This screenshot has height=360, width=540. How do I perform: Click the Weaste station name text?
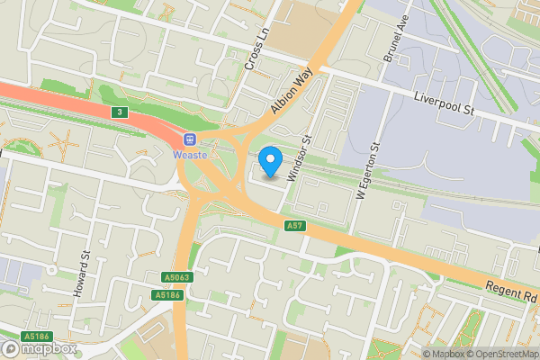pyautogui.click(x=190, y=155)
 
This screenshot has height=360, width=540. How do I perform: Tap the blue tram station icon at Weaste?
pyautogui.click(x=190, y=139)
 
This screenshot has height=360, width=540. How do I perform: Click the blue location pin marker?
pyautogui.click(x=271, y=162)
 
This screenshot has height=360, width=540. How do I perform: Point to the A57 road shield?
pyautogui.click(x=294, y=225)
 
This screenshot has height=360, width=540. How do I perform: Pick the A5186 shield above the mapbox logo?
pyautogui.click(x=36, y=337)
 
